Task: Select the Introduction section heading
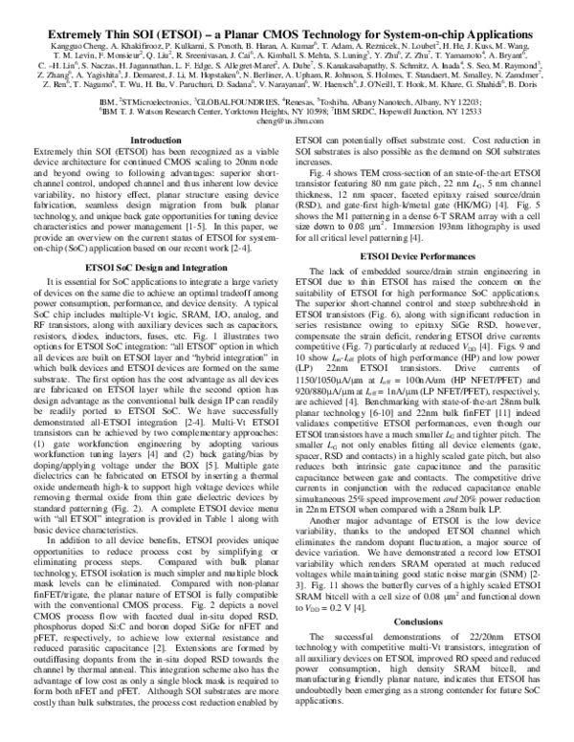pyautogui.click(x=154, y=141)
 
